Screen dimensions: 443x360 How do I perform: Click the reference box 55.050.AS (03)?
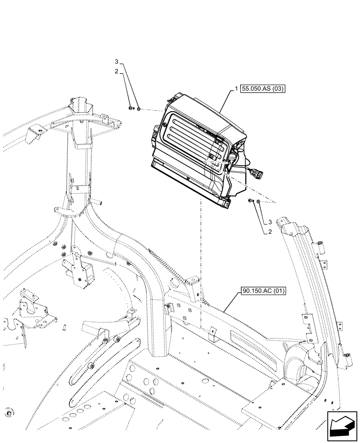pyautogui.click(x=263, y=89)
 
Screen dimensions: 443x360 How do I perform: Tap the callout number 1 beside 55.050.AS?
pyautogui.click(x=237, y=89)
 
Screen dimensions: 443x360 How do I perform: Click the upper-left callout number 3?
pyautogui.click(x=116, y=61)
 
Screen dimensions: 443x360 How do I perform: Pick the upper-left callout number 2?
pyautogui.click(x=116, y=71)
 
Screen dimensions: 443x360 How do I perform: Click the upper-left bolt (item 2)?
pyautogui.click(x=130, y=108)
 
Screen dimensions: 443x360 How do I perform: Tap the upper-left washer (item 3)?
pyautogui.click(x=139, y=108)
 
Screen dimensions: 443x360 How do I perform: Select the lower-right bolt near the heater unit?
pyautogui.click(x=251, y=202)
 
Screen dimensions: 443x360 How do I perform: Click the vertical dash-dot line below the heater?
pyautogui.click(x=200, y=266)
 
